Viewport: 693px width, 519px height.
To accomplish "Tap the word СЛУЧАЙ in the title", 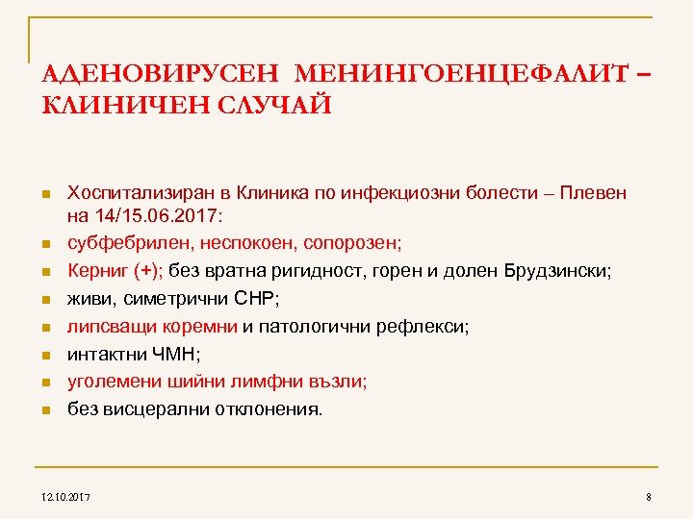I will coord(273,104).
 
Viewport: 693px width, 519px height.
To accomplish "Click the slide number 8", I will coord(650,497).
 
